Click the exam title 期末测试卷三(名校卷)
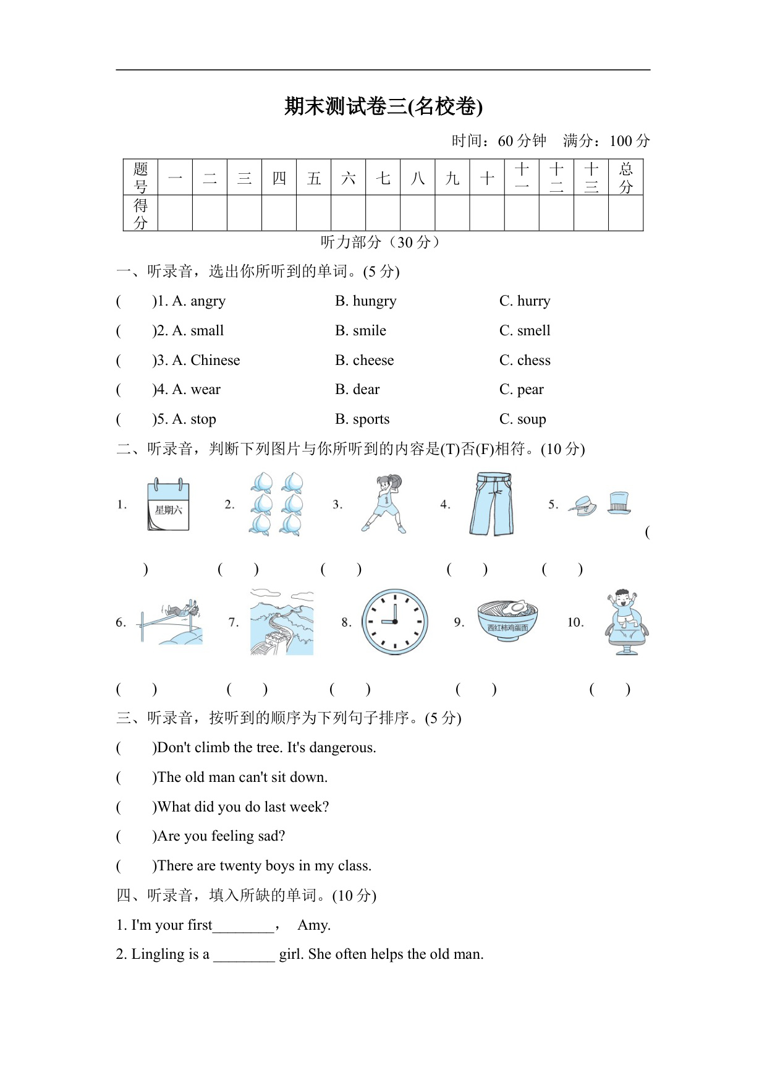(x=383, y=106)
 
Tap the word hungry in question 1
(x=374, y=301)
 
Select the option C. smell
(x=525, y=331)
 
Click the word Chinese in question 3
(x=215, y=361)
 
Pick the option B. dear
(x=357, y=390)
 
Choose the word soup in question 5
(x=532, y=419)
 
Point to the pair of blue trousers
(x=492, y=504)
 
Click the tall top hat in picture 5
(x=619, y=502)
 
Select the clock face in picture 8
(x=395, y=622)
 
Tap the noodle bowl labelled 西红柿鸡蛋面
(x=507, y=620)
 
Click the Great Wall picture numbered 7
(x=282, y=622)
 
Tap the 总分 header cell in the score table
(x=625, y=178)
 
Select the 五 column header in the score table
(x=314, y=178)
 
